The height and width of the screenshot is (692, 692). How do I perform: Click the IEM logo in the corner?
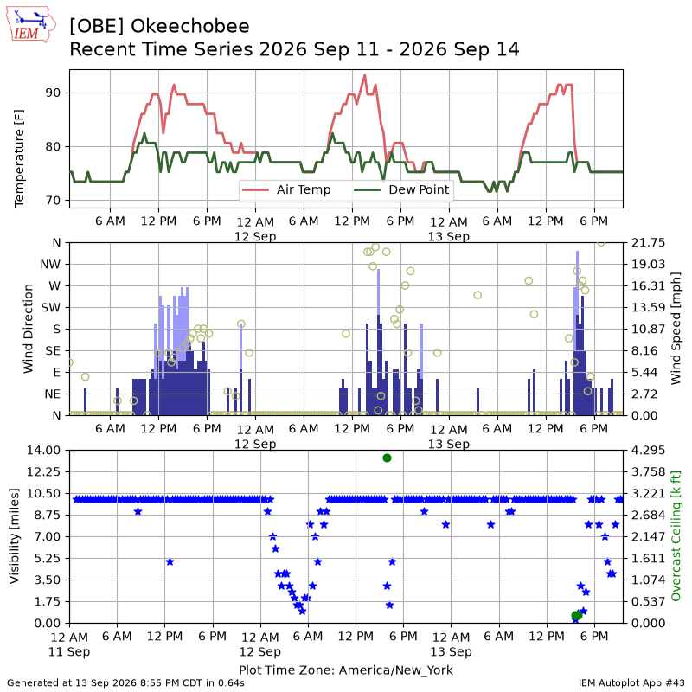coord(31,24)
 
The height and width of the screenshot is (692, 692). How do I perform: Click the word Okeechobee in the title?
coord(189,27)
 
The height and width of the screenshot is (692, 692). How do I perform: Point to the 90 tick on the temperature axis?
coord(53,93)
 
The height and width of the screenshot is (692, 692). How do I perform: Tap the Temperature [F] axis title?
coord(19,158)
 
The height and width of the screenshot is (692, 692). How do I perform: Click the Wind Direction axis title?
coord(29,329)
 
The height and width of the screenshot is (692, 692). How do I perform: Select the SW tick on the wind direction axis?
coord(51,308)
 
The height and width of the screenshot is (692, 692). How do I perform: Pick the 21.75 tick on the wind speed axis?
coord(648,243)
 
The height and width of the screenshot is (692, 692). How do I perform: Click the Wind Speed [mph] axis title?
coord(676,329)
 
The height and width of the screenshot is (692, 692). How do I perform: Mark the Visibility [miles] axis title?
coord(15,536)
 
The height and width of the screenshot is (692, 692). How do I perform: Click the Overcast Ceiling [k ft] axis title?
coord(676,536)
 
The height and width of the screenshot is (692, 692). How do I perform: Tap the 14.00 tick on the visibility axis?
coord(43,451)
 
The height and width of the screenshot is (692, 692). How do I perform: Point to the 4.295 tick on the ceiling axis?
coord(648,451)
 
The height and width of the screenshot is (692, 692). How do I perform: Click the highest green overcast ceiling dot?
coord(387,458)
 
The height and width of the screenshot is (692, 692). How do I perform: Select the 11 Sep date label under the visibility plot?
coord(69,652)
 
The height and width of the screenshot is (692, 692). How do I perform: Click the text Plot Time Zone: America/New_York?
coord(346,670)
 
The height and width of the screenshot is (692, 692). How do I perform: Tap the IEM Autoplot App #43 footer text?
coord(632,683)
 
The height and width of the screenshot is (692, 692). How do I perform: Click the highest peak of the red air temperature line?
coord(364,75)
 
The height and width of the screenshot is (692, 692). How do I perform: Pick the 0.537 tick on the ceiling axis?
coord(648,601)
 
